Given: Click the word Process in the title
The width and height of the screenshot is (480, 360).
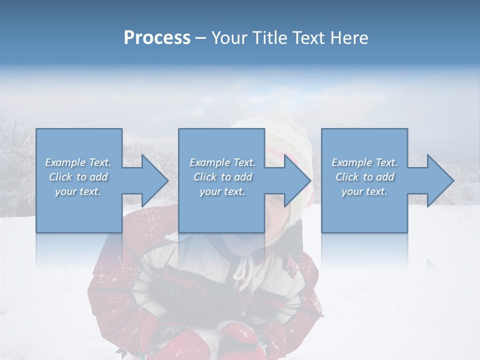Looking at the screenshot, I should pos(157,37).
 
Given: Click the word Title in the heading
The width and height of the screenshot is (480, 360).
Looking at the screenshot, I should pos(268,37).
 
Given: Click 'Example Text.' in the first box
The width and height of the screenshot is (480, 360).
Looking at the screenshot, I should pos(78,162).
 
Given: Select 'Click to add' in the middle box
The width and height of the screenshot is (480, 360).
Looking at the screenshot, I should pos(222,177).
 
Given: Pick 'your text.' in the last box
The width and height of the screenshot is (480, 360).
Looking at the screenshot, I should pos(364,191).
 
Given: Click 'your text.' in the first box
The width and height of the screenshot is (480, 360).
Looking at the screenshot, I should pos(78,191).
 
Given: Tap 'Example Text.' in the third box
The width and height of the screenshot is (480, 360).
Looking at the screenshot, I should pos(364,162).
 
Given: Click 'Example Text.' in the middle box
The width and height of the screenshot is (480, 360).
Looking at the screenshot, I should pos(222,162).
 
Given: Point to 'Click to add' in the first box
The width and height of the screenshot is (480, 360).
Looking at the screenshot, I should pos(78,177).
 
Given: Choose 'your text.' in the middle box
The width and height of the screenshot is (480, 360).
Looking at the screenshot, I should pos(222,191).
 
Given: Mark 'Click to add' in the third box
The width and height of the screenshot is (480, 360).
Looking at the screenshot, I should pos(364,177).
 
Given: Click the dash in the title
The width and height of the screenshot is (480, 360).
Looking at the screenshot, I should pos(200,38).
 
